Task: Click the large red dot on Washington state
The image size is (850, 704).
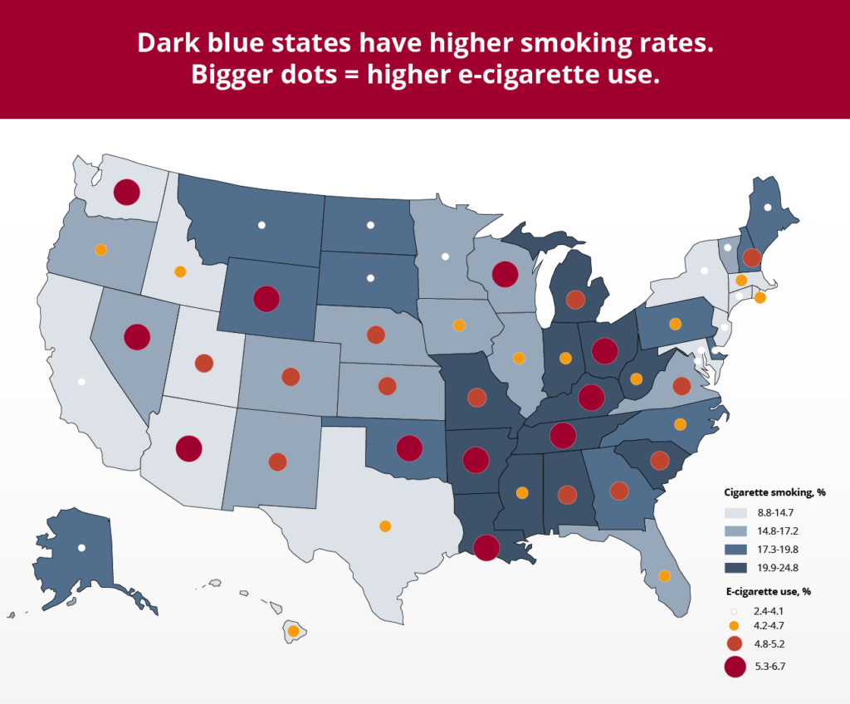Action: point(126,192)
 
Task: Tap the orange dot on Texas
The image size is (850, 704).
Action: point(384,526)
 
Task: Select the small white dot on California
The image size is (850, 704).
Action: point(81,382)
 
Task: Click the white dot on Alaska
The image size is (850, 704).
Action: point(81,548)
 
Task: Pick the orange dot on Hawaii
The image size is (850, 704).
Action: point(293,631)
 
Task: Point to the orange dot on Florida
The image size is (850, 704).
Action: point(664,575)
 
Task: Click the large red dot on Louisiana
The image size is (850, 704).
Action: point(486,548)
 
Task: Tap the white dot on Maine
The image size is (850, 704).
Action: point(768,207)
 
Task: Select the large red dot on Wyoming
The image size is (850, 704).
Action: point(266,298)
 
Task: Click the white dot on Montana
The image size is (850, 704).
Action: point(261,224)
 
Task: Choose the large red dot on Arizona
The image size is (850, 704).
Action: point(188,448)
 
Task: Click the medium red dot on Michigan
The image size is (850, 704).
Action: point(574,298)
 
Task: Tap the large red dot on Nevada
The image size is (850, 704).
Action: point(136,337)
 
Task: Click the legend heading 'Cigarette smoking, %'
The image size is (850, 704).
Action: point(774,492)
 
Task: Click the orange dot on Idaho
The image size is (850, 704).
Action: point(180,271)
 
